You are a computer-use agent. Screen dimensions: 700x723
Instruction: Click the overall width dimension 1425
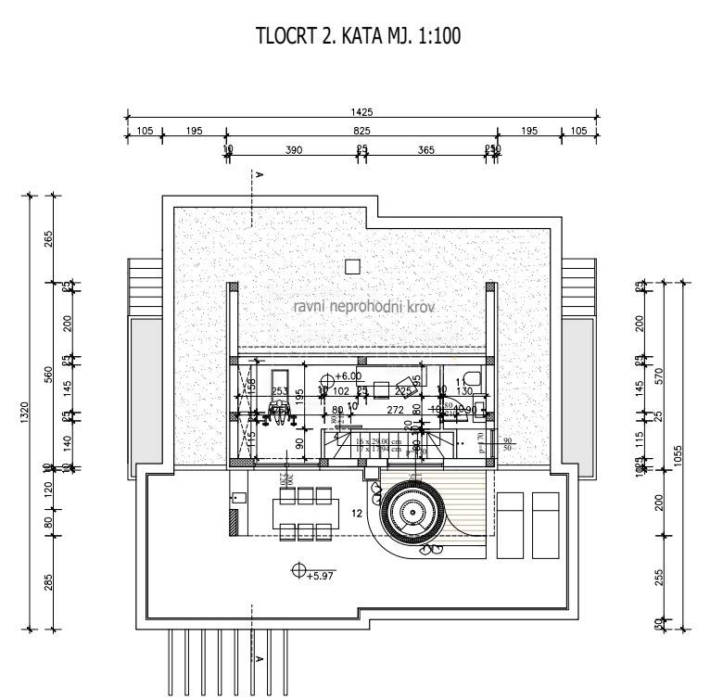point(361,112)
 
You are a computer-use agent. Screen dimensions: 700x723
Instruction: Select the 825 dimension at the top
point(361,132)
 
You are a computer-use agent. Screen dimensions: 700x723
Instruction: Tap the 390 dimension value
point(293,150)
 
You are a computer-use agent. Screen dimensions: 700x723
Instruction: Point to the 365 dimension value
point(425,150)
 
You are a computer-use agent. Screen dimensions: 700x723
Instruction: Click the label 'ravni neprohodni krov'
point(364,306)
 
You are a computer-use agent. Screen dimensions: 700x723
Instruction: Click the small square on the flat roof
point(351,267)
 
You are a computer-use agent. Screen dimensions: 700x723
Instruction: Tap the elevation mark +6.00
point(348,376)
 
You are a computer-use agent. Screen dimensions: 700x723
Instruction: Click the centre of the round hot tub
point(410,508)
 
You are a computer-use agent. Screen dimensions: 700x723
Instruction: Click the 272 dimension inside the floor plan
point(395,409)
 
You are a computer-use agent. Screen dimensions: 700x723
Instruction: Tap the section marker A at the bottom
point(260,659)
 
